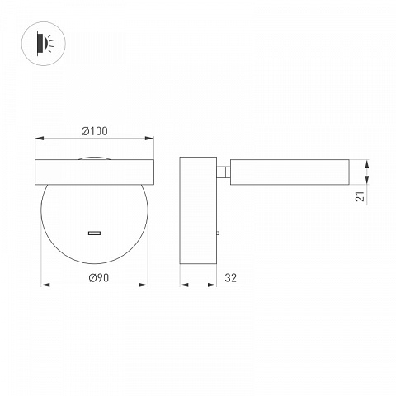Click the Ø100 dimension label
tap(94, 131)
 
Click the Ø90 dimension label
tap(99, 278)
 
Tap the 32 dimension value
tap(230, 278)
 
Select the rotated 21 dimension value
tap(360, 196)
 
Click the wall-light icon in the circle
tap(44, 44)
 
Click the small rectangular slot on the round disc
tap(94, 233)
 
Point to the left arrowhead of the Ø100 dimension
tap(40, 138)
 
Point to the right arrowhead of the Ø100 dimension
tap(149, 138)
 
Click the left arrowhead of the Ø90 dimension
tap(45, 285)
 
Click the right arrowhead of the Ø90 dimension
tap(144, 285)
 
